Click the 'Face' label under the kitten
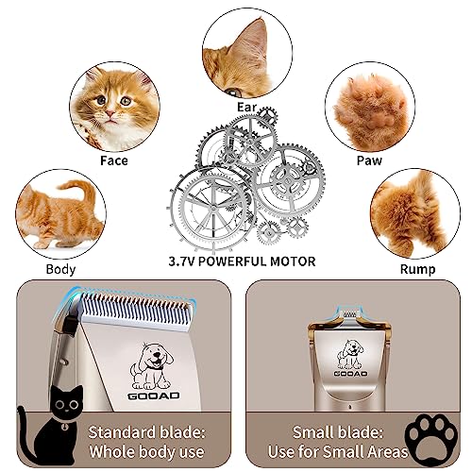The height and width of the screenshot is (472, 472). click(x=113, y=160)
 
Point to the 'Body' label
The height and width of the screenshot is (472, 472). click(x=60, y=269)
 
